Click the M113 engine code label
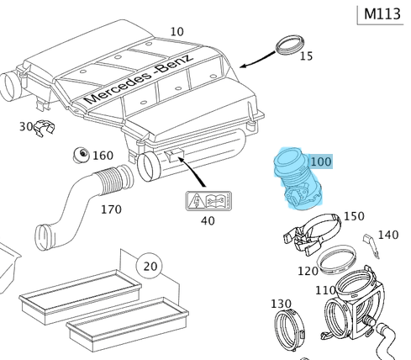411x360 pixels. point(382,14)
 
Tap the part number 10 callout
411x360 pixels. point(177,32)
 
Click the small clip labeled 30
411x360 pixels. point(45,128)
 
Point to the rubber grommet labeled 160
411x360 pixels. point(81,155)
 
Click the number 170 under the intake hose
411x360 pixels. point(111,209)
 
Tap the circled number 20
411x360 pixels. point(150,266)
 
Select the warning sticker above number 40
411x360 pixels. point(208,201)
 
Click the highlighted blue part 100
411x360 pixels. point(297,178)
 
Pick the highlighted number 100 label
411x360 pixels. point(321,161)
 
